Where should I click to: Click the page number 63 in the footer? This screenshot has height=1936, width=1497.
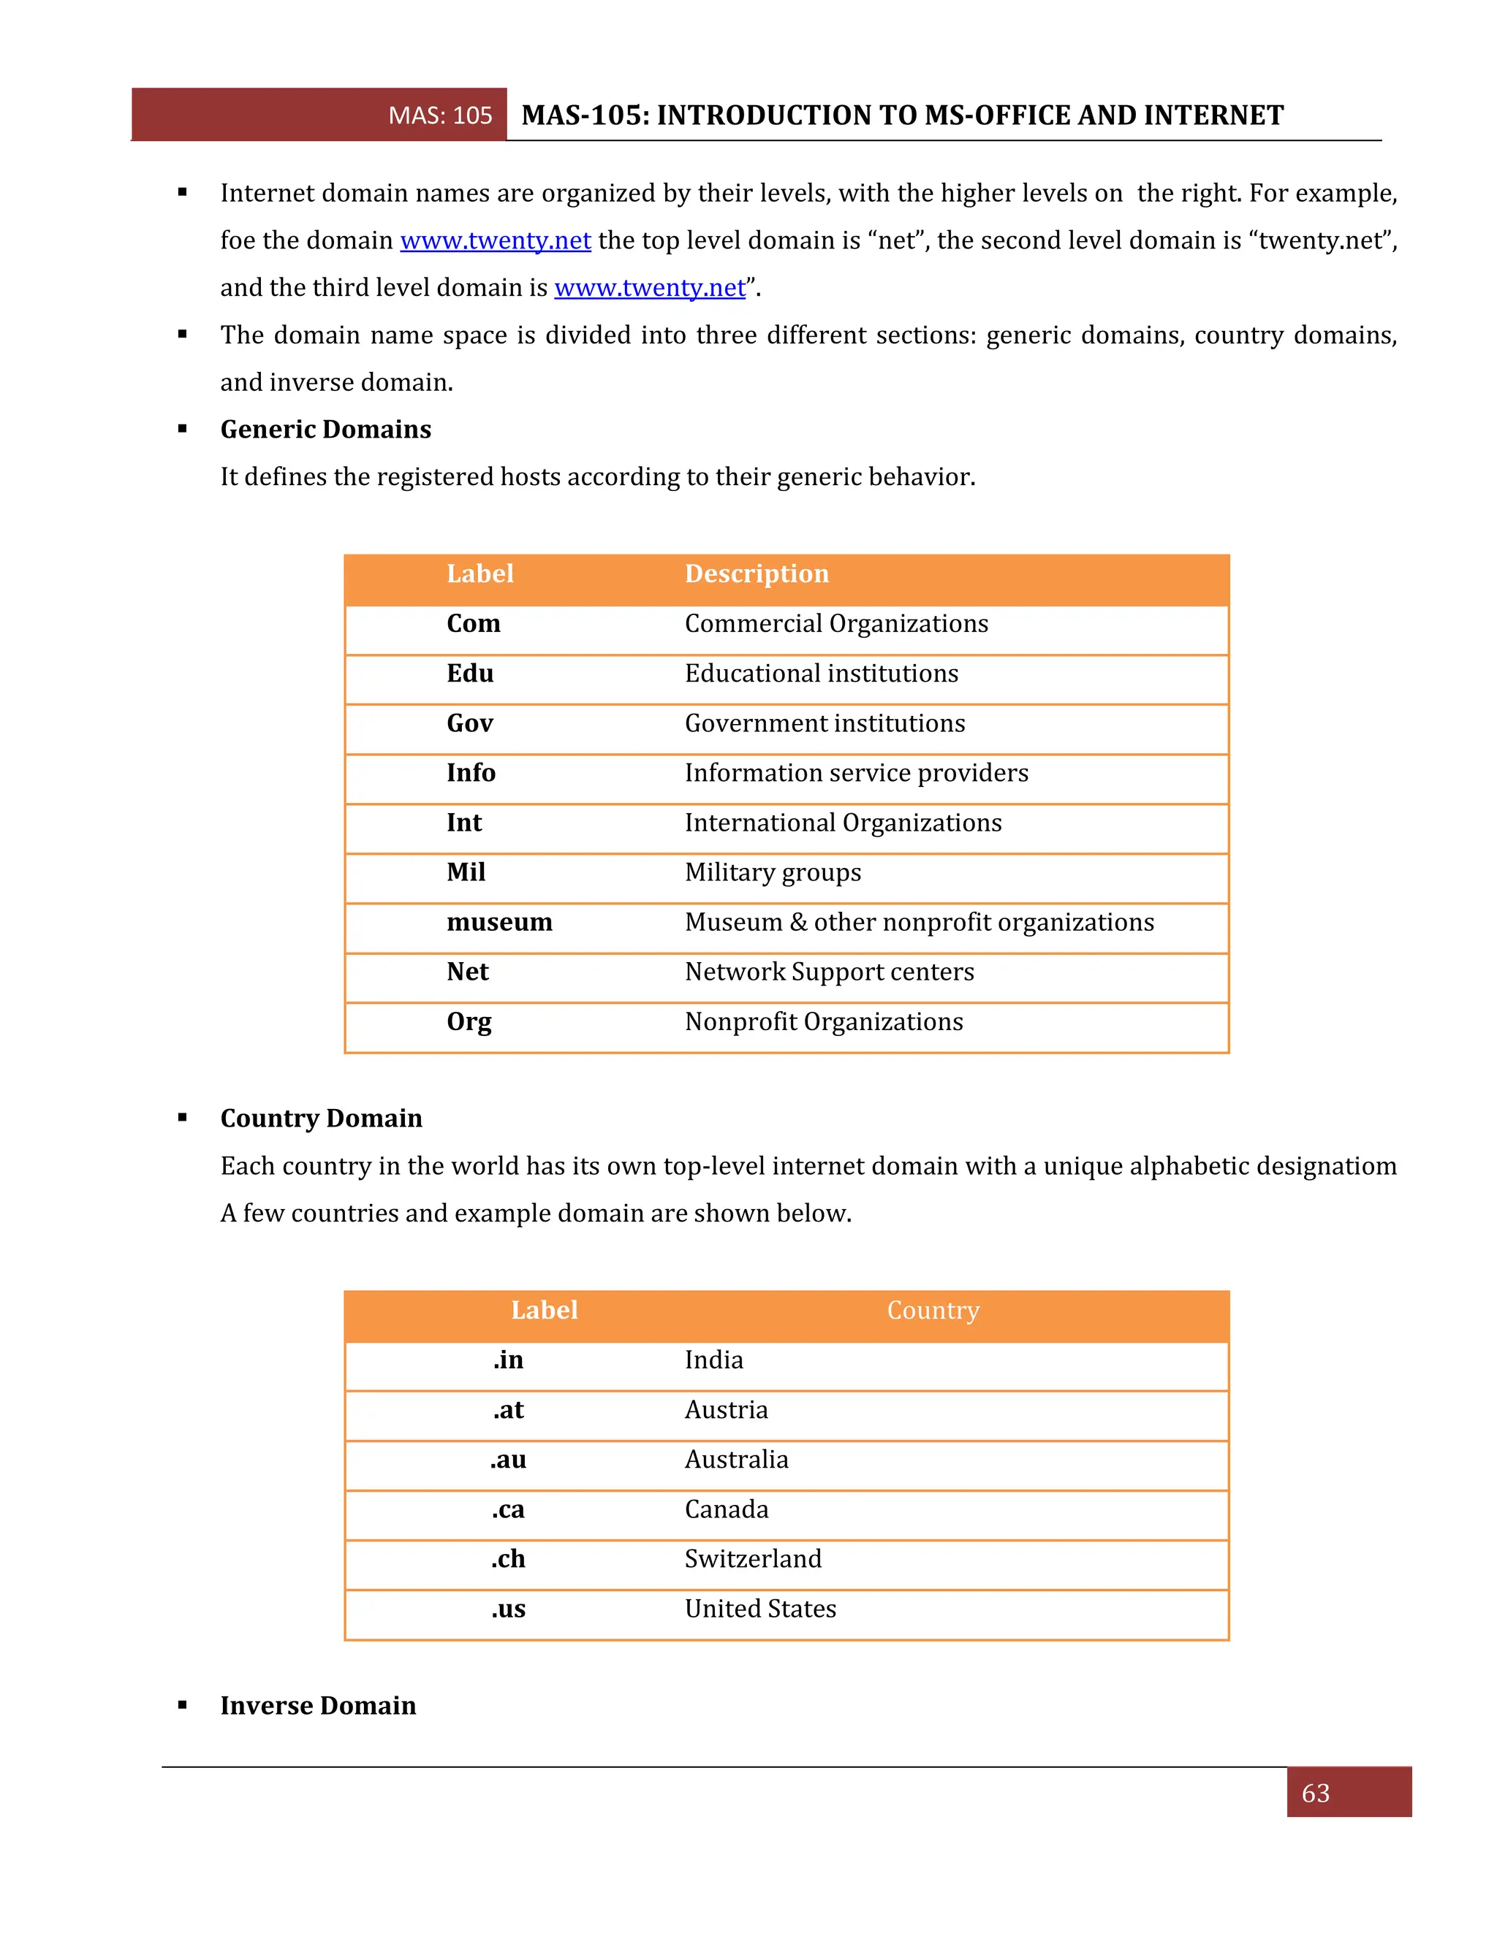point(1315,1794)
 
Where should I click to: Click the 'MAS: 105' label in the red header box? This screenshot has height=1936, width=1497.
point(440,115)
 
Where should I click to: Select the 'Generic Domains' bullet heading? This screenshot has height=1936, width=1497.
point(325,429)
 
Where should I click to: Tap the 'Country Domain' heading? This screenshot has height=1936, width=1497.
point(321,1118)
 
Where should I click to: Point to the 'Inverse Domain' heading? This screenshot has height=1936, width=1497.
point(317,1706)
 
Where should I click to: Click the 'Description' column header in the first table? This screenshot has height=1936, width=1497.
point(757,573)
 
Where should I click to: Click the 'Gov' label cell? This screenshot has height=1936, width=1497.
point(469,723)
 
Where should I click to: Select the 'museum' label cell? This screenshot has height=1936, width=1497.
point(499,922)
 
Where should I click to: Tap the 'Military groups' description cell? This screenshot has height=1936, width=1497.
point(773,872)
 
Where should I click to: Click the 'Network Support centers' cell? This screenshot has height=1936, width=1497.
point(829,972)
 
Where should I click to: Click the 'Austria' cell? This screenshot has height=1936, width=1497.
point(727,1409)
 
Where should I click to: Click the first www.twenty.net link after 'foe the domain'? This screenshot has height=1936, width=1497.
point(495,240)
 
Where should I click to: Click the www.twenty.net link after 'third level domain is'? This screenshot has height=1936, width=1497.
point(649,287)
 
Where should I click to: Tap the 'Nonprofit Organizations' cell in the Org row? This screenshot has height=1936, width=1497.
point(824,1021)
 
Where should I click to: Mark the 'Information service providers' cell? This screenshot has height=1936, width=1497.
point(857,773)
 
